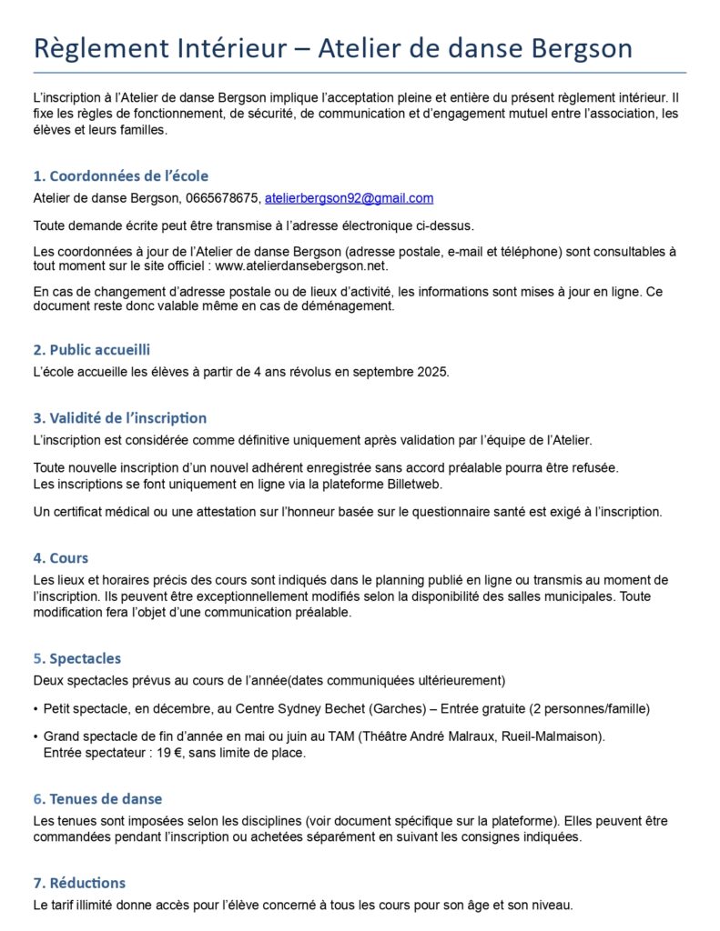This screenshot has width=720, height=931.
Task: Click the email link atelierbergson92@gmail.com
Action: [x=349, y=198]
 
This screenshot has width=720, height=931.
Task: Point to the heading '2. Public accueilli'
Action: [x=92, y=350]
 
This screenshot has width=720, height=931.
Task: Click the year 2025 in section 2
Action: [x=433, y=373]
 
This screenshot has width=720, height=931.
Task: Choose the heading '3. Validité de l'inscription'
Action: [x=120, y=418]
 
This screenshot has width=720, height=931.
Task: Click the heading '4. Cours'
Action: [x=61, y=558]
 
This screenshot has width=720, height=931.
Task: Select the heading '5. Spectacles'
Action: [x=77, y=658]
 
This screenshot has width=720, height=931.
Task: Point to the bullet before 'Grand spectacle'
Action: [x=35, y=736]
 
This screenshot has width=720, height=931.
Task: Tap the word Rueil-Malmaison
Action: [x=550, y=736]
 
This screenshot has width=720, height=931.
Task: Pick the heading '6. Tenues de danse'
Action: [x=98, y=799]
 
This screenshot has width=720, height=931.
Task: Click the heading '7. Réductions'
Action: [x=80, y=883]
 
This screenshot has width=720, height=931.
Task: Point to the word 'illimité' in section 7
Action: [x=107, y=906]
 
